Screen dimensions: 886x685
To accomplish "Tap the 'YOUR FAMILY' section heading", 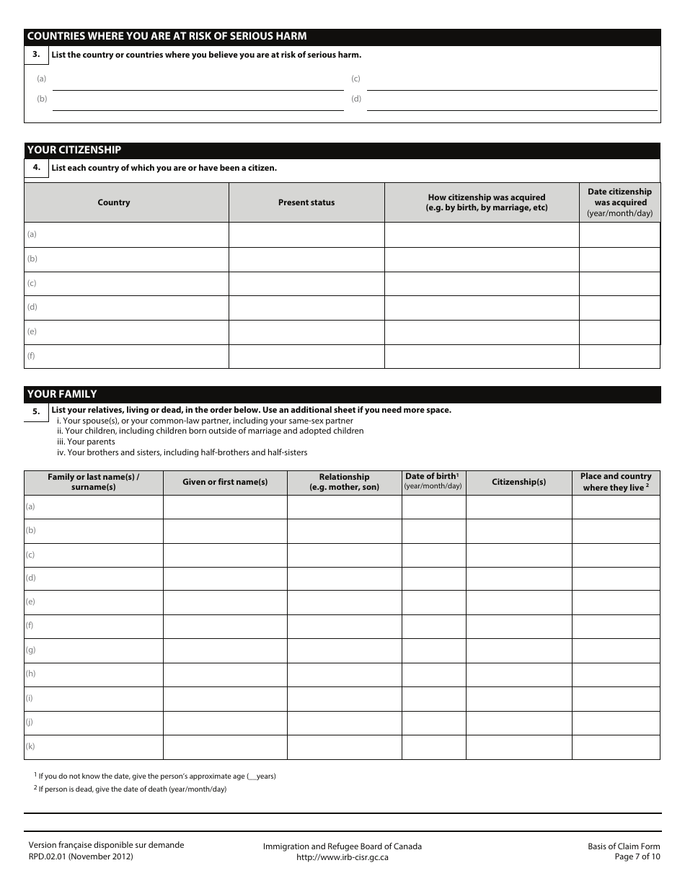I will click(x=62, y=394).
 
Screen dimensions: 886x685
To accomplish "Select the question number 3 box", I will click(x=36, y=54).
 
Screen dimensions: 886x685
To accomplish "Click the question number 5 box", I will click(x=36, y=411).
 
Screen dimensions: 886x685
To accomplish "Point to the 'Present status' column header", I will click(x=306, y=202).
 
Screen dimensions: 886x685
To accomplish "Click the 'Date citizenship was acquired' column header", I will click(x=619, y=202).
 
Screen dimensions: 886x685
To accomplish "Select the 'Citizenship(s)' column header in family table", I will click(x=518, y=482).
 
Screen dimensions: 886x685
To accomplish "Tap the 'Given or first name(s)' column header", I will click(x=225, y=482).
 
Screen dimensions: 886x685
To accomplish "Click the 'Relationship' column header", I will click(x=344, y=482).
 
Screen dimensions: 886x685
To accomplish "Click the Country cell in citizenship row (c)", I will click(x=127, y=283).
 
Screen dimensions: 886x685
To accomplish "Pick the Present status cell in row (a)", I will click(x=306, y=234).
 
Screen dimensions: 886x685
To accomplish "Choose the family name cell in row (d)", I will click(x=94, y=578).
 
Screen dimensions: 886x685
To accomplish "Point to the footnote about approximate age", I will click(x=155, y=776).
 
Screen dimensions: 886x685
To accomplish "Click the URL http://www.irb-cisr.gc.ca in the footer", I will click(x=342, y=857).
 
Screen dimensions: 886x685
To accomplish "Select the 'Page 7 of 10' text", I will click(x=637, y=856).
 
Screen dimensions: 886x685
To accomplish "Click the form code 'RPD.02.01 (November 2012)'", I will click(x=81, y=856).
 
